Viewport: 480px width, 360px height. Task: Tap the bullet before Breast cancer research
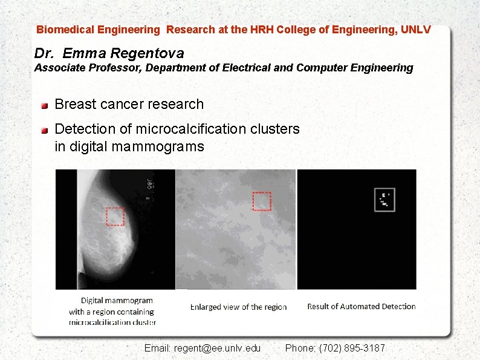(44, 106)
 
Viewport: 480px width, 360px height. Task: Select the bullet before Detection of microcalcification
(44, 130)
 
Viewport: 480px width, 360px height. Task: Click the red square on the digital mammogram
(115, 217)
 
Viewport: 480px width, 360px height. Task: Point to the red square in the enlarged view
(262, 201)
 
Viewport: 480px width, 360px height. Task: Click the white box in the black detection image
(384, 200)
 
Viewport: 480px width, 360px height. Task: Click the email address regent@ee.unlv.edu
(217, 348)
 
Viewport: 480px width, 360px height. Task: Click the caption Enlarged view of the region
(238, 307)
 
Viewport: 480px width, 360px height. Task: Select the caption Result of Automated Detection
(362, 306)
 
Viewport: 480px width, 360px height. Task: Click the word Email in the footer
(157, 348)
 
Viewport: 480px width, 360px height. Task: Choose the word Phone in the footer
(299, 348)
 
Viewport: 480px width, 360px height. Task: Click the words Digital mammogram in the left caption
(117, 300)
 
